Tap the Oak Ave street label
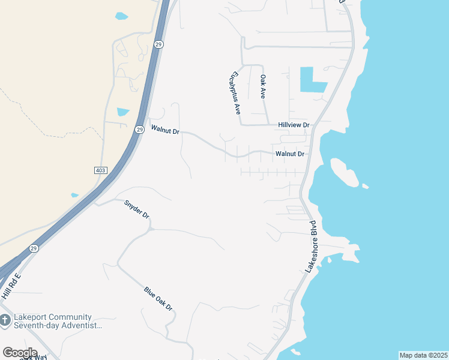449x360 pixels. (262, 86)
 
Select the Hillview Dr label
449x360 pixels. (294, 125)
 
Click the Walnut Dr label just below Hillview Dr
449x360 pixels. (290, 154)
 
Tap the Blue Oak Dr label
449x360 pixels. (158, 299)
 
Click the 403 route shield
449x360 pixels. (100, 170)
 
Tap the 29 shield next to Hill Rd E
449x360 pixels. (33, 248)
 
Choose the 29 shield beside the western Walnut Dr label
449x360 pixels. (139, 129)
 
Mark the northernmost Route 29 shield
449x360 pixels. (158, 44)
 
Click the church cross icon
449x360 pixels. (5, 321)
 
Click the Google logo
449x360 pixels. (20, 352)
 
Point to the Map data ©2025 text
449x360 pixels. (423, 355)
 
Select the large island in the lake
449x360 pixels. (343, 172)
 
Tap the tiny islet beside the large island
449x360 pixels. (366, 186)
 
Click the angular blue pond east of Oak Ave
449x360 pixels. (310, 80)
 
